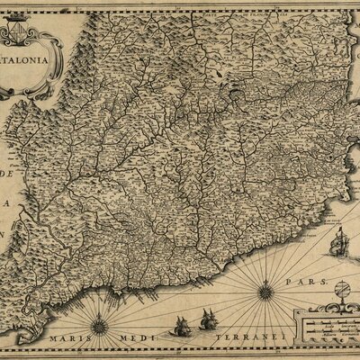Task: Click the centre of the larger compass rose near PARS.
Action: click(x=265, y=291)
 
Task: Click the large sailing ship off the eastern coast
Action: click(x=338, y=243)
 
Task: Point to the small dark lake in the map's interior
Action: click(x=235, y=90)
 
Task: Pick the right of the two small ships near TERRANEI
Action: click(x=209, y=319)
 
